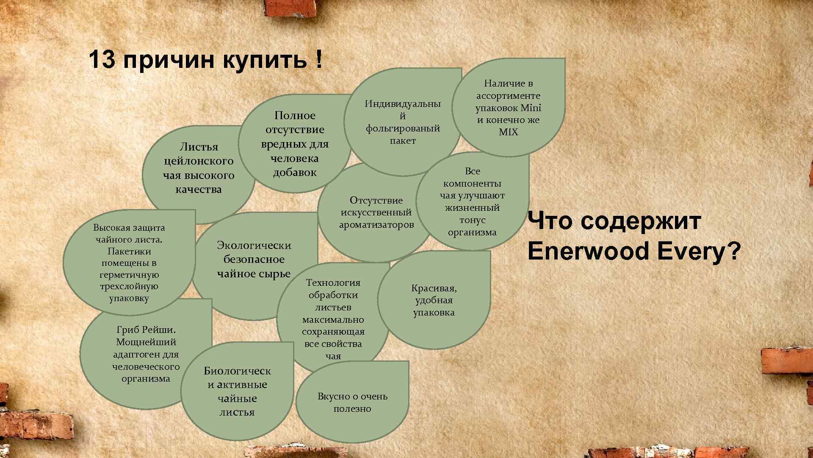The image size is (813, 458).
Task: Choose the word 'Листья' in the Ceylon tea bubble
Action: click(199, 147)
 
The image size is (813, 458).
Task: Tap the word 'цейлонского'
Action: click(199, 161)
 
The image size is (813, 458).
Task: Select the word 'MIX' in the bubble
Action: click(508, 132)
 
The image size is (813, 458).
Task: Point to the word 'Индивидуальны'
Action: click(403, 103)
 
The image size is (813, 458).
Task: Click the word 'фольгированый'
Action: click(403, 128)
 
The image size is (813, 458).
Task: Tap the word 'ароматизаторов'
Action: click(376, 224)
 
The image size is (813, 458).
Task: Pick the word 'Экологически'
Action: click(254, 245)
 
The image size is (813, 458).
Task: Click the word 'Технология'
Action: click(333, 282)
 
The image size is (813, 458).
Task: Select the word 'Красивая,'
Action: click(434, 288)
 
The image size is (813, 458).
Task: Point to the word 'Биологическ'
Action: click(237, 371)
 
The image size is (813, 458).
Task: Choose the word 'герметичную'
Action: click(129, 274)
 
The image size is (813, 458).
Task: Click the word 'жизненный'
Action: click(472, 208)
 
